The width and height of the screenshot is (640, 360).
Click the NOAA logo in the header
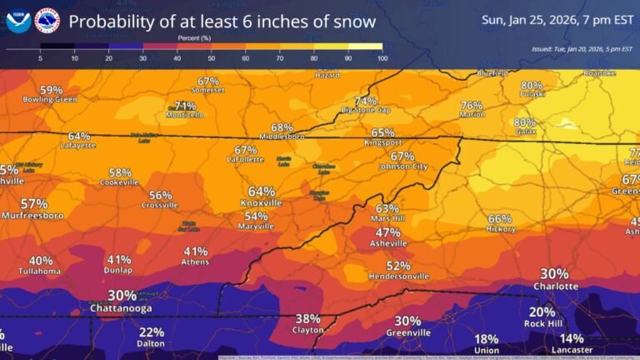pyautogui.click(x=17, y=21)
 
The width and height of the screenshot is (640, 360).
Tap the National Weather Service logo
pyautogui.click(x=47, y=21)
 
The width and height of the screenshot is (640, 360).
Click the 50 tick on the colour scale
pyautogui.click(x=212, y=58)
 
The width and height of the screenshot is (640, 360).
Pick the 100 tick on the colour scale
pyautogui.click(x=382, y=58)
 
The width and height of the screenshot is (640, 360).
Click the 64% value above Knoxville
pyautogui.click(x=261, y=192)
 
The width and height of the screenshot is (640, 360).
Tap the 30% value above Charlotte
pyautogui.click(x=554, y=273)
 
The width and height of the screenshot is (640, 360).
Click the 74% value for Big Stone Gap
pyautogui.click(x=365, y=101)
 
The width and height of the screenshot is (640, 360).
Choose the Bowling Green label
pyautogui.click(x=50, y=100)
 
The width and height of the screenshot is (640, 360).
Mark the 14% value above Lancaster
pyautogui.click(x=572, y=338)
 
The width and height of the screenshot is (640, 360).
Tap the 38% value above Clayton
pyautogui.click(x=307, y=318)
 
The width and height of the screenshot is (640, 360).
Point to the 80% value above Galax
pyautogui.click(x=525, y=122)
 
